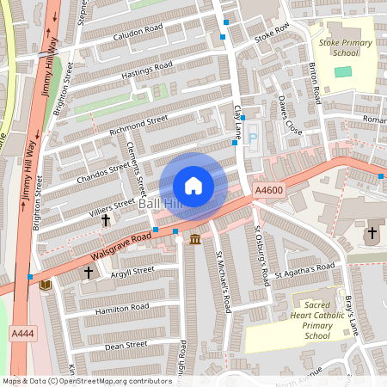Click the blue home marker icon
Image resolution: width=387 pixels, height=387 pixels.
193,186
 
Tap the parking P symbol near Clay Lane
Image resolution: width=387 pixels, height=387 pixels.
252,138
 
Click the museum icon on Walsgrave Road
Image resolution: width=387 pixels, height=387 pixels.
195,238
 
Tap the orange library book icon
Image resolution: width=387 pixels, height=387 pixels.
45,284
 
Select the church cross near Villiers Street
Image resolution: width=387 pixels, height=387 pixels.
106,220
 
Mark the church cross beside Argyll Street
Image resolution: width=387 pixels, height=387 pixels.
88,273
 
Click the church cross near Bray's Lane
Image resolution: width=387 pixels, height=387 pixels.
372,233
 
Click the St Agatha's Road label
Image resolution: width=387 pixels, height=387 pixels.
305,271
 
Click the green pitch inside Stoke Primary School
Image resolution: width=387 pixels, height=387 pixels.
343,71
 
